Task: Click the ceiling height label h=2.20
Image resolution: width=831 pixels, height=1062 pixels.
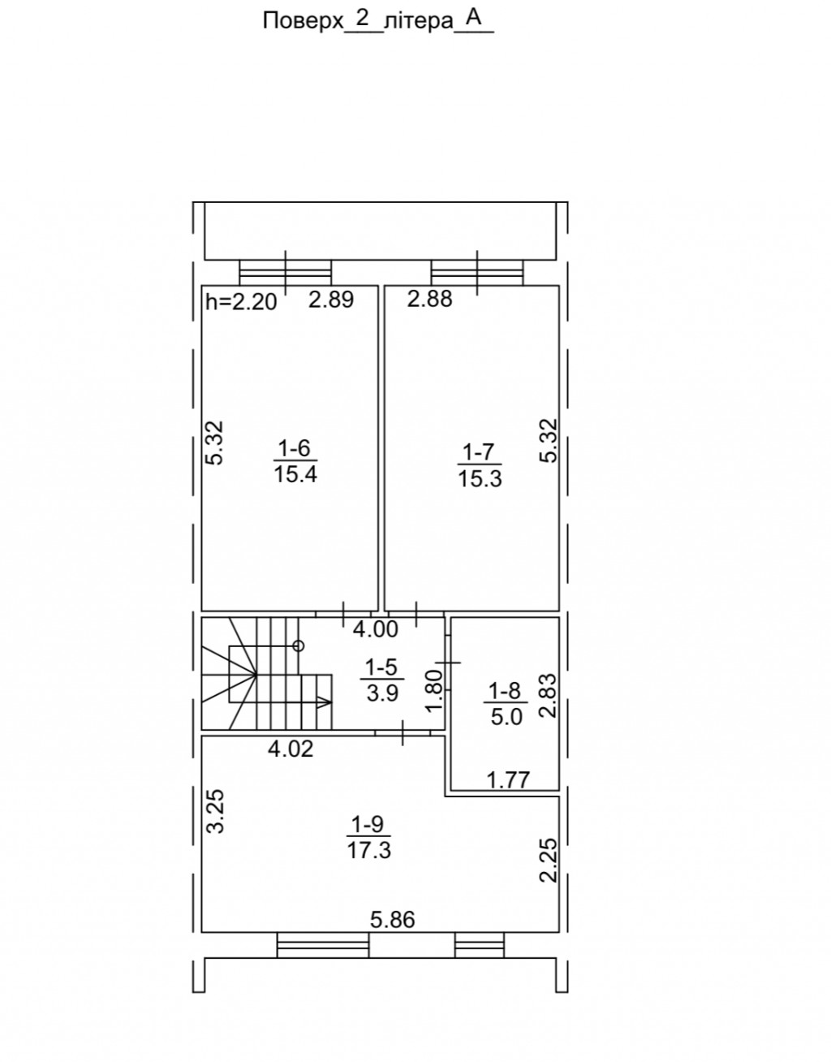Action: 241,302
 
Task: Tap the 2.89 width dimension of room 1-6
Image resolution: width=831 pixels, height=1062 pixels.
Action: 331,299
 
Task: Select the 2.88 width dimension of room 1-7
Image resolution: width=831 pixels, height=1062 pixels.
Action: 429,299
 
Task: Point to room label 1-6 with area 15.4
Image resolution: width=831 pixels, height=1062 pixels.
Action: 295,461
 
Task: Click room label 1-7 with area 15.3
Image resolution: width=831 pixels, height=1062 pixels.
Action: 480,465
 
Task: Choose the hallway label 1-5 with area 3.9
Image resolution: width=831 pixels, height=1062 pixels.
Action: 382,680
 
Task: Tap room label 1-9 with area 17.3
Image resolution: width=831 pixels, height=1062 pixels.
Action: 368,838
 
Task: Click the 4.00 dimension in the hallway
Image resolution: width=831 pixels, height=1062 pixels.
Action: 376,629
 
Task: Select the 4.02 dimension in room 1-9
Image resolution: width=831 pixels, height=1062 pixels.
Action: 291,749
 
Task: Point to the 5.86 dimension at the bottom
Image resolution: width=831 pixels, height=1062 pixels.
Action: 393,920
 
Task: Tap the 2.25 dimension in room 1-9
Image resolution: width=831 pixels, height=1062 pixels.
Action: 548,860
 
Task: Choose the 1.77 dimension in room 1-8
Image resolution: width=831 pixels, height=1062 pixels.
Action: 508,780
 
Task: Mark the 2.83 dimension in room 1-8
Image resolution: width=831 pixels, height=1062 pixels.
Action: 548,696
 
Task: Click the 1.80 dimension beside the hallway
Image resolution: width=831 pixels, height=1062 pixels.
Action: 434,691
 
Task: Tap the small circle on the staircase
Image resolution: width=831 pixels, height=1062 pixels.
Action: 299,646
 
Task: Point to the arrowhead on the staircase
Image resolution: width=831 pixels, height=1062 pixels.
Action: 325,703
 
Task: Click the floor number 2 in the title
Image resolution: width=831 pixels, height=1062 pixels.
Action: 362,19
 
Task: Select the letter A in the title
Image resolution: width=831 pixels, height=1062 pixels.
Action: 474,18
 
